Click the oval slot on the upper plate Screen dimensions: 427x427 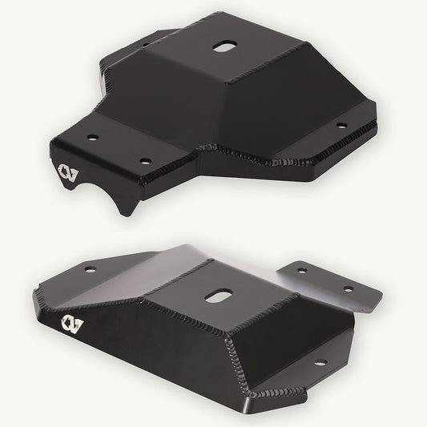222,46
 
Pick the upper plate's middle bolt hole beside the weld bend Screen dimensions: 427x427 145,160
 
